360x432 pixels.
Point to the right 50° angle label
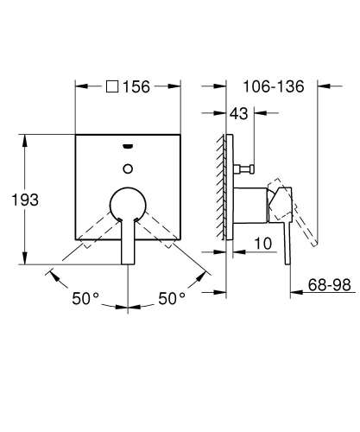click(x=172, y=298)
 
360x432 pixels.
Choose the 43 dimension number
click(x=240, y=114)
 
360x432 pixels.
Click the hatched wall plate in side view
click(x=226, y=186)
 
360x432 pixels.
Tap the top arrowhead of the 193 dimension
click(x=29, y=137)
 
